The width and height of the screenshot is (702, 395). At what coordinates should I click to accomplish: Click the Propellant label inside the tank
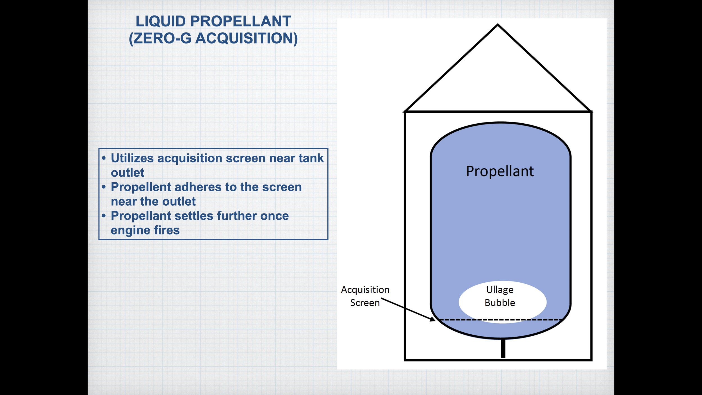[x=500, y=171]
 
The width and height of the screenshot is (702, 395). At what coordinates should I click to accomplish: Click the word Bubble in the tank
[x=500, y=303]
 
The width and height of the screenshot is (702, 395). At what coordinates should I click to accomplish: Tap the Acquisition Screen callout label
[x=365, y=296]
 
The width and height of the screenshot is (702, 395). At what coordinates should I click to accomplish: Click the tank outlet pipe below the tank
[x=503, y=348]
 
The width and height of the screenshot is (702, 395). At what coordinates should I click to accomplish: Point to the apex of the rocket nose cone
[x=498, y=25]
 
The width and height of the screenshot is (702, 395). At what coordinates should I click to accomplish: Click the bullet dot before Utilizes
[x=104, y=158]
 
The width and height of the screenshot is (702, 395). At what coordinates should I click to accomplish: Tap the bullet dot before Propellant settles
[x=104, y=216]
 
